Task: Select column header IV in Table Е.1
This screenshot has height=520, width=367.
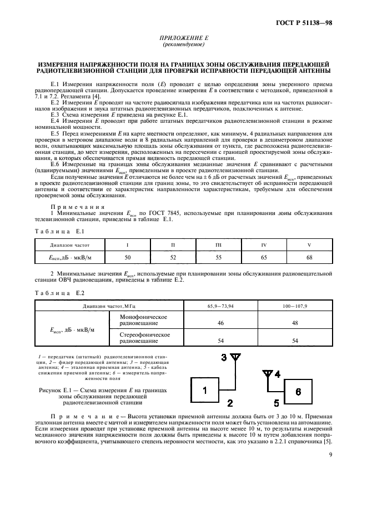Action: [264, 244]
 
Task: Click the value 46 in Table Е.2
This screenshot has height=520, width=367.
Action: [220, 322]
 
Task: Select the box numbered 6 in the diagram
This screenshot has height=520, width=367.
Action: [298, 392]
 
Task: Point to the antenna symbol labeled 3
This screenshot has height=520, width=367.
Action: [234, 358]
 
